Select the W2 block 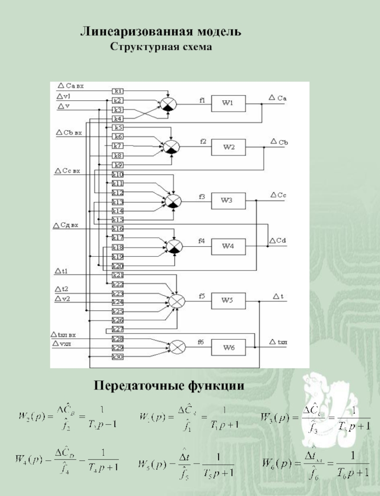[229, 147]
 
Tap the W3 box [228, 201]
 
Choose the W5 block [228, 300]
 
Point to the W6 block [228, 348]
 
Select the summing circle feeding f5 [177, 301]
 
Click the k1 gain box [118, 91]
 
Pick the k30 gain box [118, 357]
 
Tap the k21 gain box [118, 275]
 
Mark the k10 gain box [118, 175]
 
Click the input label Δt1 [62, 272]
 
